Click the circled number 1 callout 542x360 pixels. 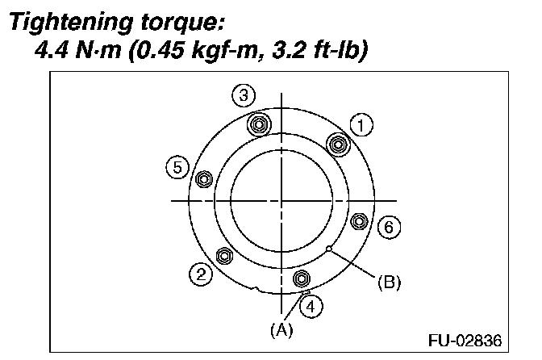pyautogui.click(x=362, y=124)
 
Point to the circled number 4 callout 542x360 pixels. pyautogui.click(x=310, y=305)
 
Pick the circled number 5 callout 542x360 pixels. pyautogui.click(x=177, y=167)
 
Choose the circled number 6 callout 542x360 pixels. pyautogui.click(x=388, y=227)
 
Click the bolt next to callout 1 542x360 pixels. pyautogui.click(x=338, y=144)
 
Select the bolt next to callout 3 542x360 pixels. pyautogui.click(x=259, y=125)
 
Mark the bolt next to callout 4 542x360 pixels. pyautogui.click(x=302, y=279)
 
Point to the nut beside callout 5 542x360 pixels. pyautogui.click(x=203, y=178)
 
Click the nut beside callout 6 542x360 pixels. pyautogui.click(x=361, y=220)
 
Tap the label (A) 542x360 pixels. pyautogui.click(x=281, y=329)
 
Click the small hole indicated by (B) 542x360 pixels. pyautogui.click(x=328, y=249)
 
